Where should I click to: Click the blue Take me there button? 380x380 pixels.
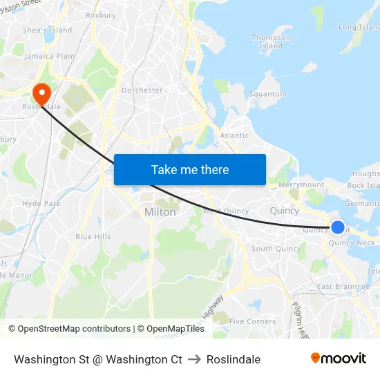[190, 169]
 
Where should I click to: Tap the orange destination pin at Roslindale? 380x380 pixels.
[41, 94]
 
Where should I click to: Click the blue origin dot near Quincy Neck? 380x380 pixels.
[338, 227]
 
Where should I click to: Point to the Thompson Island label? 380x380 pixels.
[271, 42]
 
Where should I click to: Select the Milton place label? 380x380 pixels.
[160, 212]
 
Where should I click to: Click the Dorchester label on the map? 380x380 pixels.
[142, 90]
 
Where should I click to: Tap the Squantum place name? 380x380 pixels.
[267, 94]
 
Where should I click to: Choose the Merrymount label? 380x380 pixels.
[301, 185]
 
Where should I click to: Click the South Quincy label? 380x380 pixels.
[276, 249]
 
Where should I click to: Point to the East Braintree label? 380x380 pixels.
[343, 287]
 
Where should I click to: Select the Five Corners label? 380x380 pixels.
[252, 321]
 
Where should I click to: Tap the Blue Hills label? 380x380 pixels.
[93, 236]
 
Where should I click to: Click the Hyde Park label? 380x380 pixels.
[41, 204]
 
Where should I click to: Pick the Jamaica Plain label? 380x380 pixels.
[49, 56]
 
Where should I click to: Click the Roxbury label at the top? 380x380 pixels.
[101, 15]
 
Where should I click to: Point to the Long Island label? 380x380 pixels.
[358, 28]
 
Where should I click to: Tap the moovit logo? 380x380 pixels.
[338, 358]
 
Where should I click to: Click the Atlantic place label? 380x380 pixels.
[234, 135]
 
